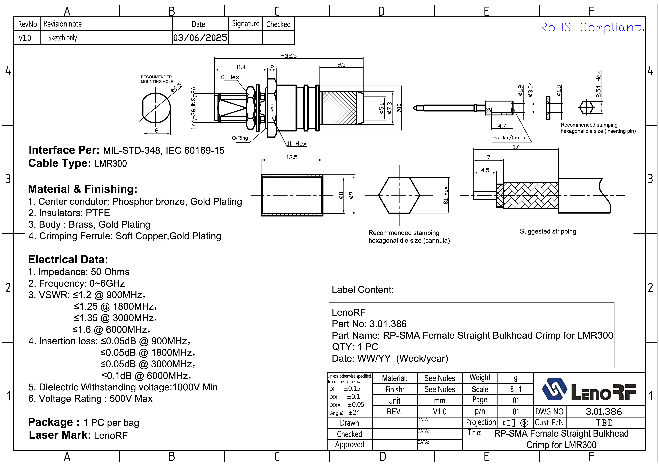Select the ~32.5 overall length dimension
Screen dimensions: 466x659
click(x=289, y=56)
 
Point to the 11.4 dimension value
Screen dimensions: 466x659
click(x=241, y=67)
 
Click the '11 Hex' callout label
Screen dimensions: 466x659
click(x=297, y=144)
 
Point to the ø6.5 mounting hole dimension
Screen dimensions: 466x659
click(x=176, y=88)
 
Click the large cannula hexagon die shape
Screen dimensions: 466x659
click(x=399, y=195)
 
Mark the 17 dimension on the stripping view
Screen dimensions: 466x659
click(x=516, y=147)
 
